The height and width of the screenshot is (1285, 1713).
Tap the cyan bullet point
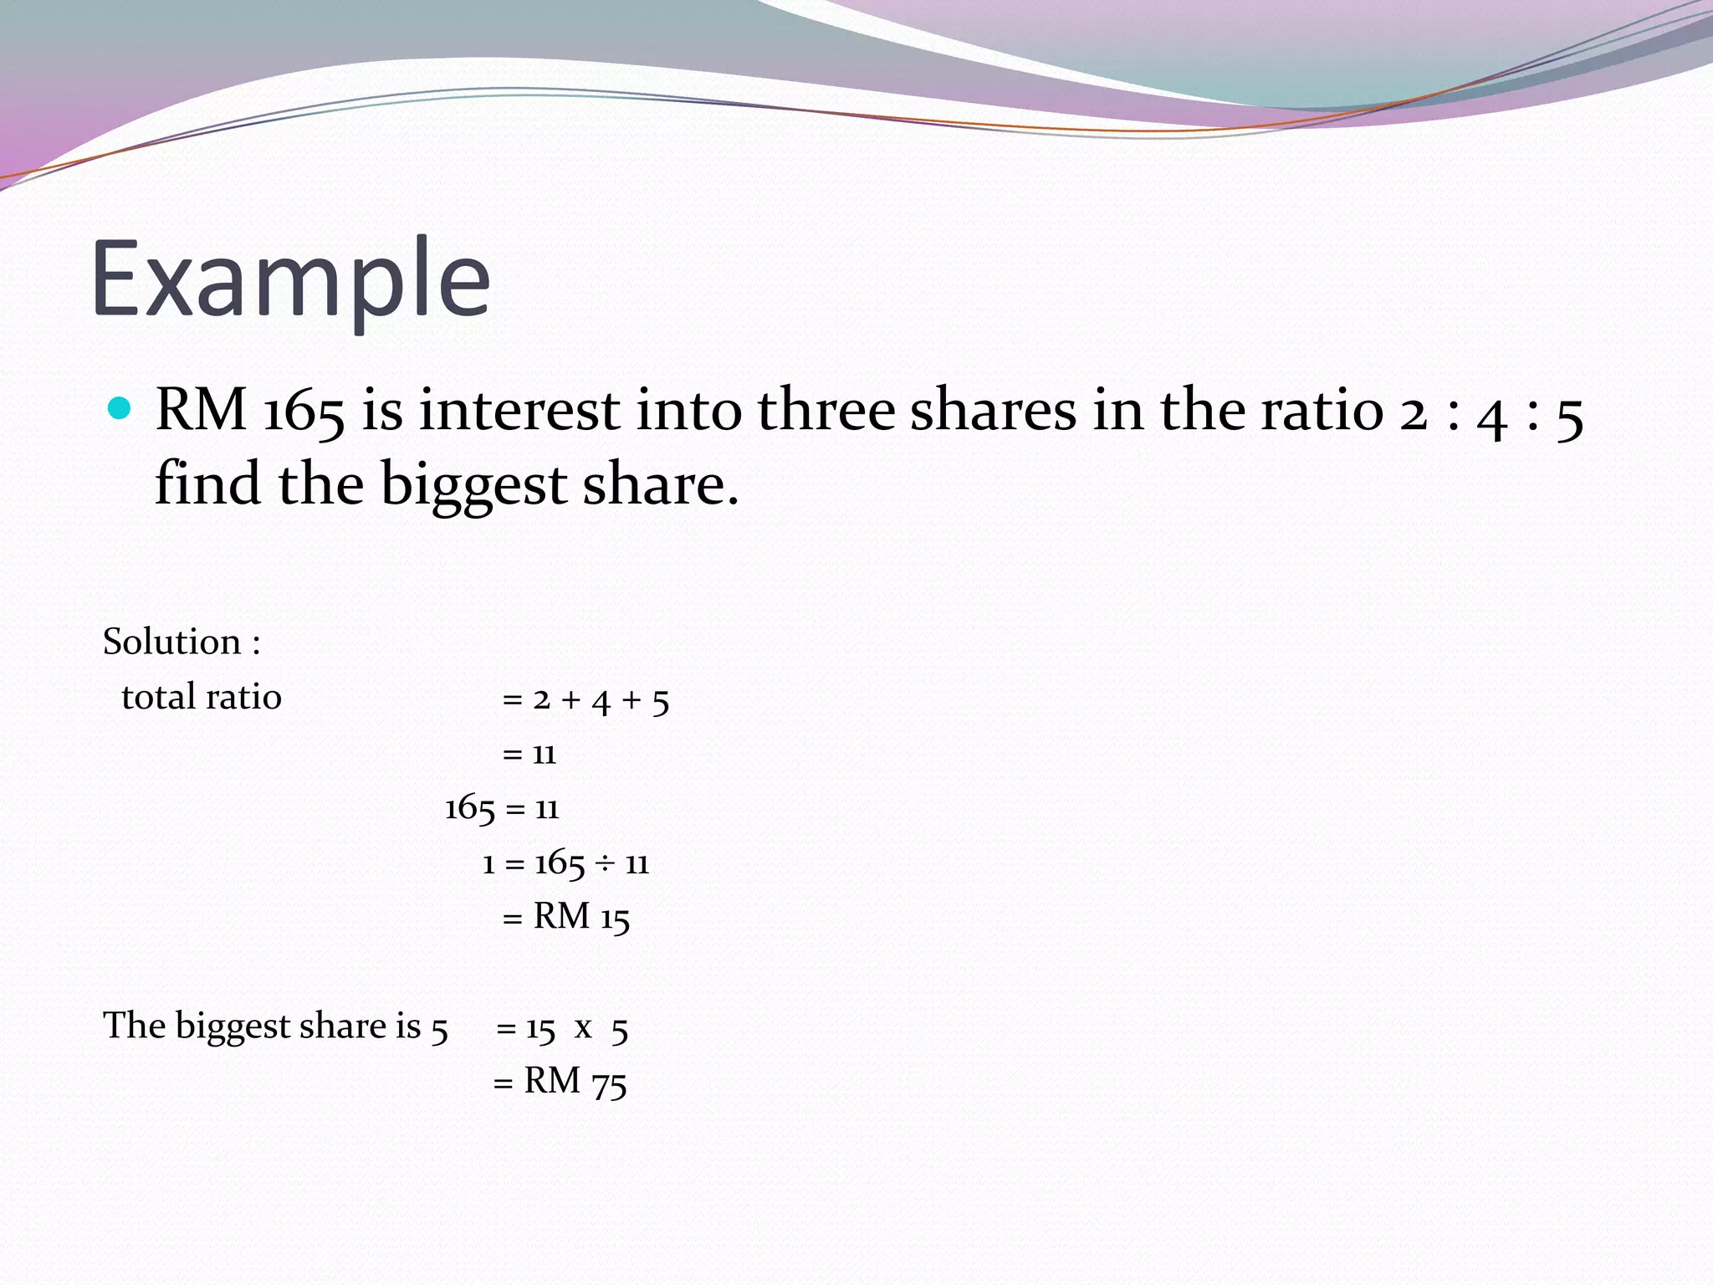(x=120, y=408)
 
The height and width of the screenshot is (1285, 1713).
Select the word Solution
(x=171, y=642)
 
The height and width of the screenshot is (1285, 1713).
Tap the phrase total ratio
(x=202, y=697)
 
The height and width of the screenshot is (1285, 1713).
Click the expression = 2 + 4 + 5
(x=585, y=699)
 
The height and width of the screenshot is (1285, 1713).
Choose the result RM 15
(x=580, y=918)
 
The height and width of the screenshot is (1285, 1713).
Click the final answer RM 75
(x=575, y=1082)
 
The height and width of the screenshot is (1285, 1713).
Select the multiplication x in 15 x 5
(x=583, y=1028)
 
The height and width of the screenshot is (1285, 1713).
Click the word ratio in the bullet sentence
(x=1322, y=411)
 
